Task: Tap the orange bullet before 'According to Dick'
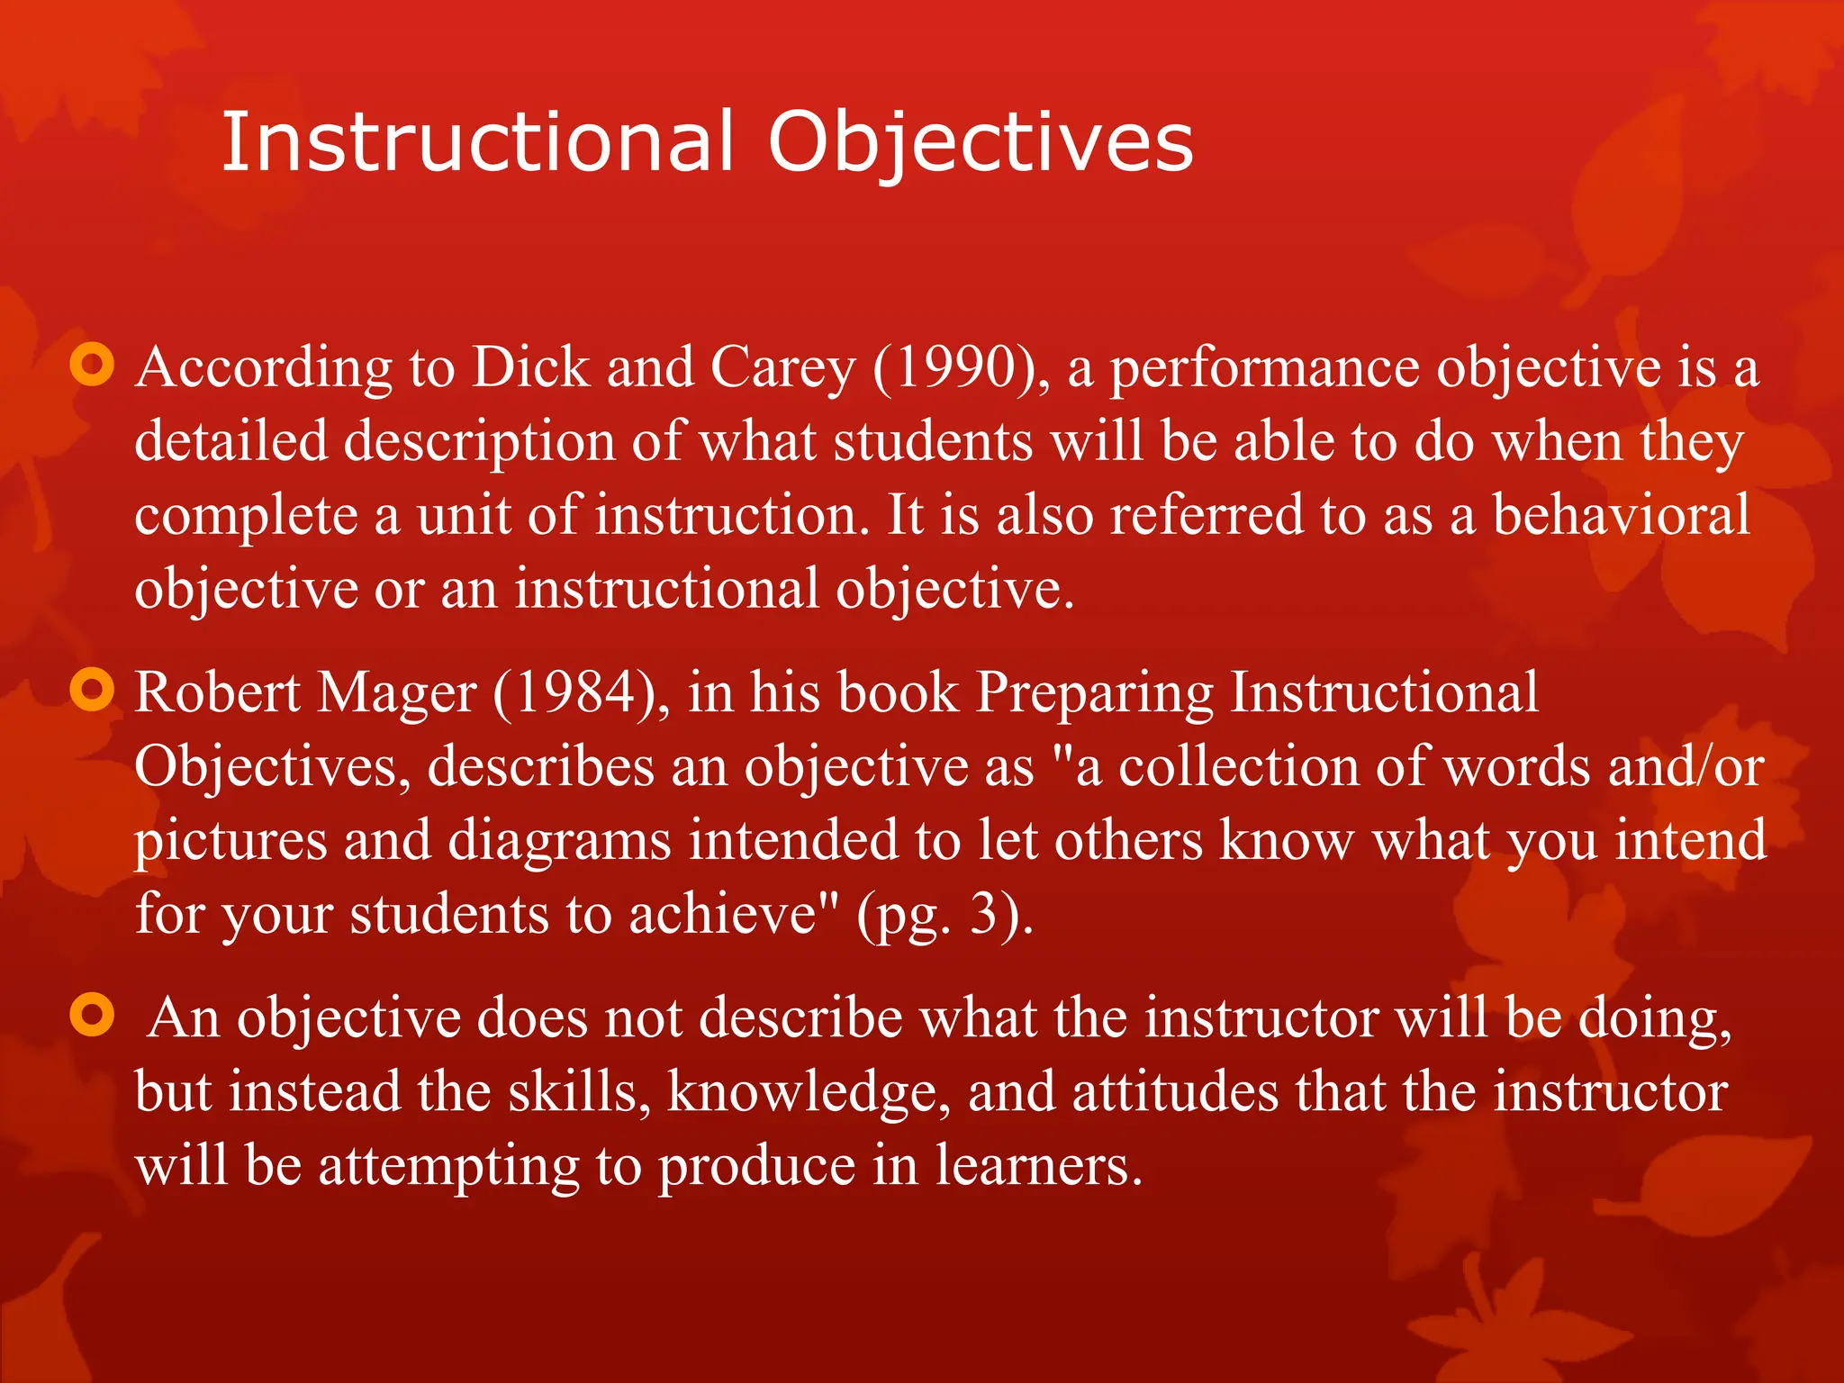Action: click(x=92, y=366)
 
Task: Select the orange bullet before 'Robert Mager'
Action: click(x=92, y=691)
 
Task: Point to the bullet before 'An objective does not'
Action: click(x=92, y=1015)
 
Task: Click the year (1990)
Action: click(x=960, y=369)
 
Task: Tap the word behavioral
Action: click(x=1621, y=515)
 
